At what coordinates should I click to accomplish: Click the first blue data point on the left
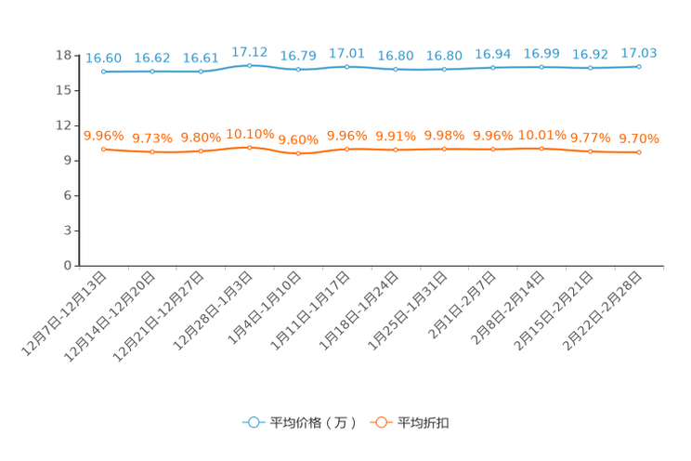point(103,72)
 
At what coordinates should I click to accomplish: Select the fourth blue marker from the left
point(249,65)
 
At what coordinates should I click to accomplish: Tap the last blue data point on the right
point(639,67)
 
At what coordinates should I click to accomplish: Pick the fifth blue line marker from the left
point(297,70)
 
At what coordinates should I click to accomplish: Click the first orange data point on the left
point(103,149)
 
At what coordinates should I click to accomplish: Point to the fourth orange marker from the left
point(249,147)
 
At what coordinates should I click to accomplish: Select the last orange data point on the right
point(639,152)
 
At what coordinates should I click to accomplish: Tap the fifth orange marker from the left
point(297,153)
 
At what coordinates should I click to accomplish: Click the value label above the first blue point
point(103,58)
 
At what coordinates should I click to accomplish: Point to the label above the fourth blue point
point(249,51)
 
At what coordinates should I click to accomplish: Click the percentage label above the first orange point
point(103,136)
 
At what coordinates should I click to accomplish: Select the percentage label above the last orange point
point(639,139)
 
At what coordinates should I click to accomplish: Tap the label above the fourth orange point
point(249,134)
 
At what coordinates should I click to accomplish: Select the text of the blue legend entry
point(313,423)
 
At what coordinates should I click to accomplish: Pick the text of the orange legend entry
point(424,423)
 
